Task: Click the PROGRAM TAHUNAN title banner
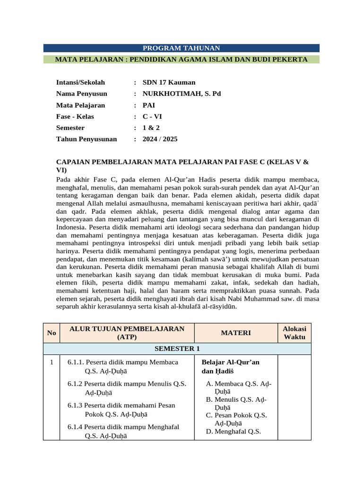[181, 48]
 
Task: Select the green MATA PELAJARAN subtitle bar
[181, 60]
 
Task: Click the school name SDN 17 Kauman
[169, 82]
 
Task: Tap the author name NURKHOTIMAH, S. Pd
[181, 94]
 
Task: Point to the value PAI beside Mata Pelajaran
[148, 105]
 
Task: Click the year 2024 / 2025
[160, 139]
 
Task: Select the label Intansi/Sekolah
[80, 82]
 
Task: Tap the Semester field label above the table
[70, 128]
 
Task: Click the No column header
[52, 333]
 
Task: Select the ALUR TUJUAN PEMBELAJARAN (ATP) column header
[126, 333]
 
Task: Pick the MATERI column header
[235, 333]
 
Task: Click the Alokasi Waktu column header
[294, 333]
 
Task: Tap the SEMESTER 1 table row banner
[177, 349]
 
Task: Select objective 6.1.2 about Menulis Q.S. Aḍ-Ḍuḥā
[126, 388]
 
